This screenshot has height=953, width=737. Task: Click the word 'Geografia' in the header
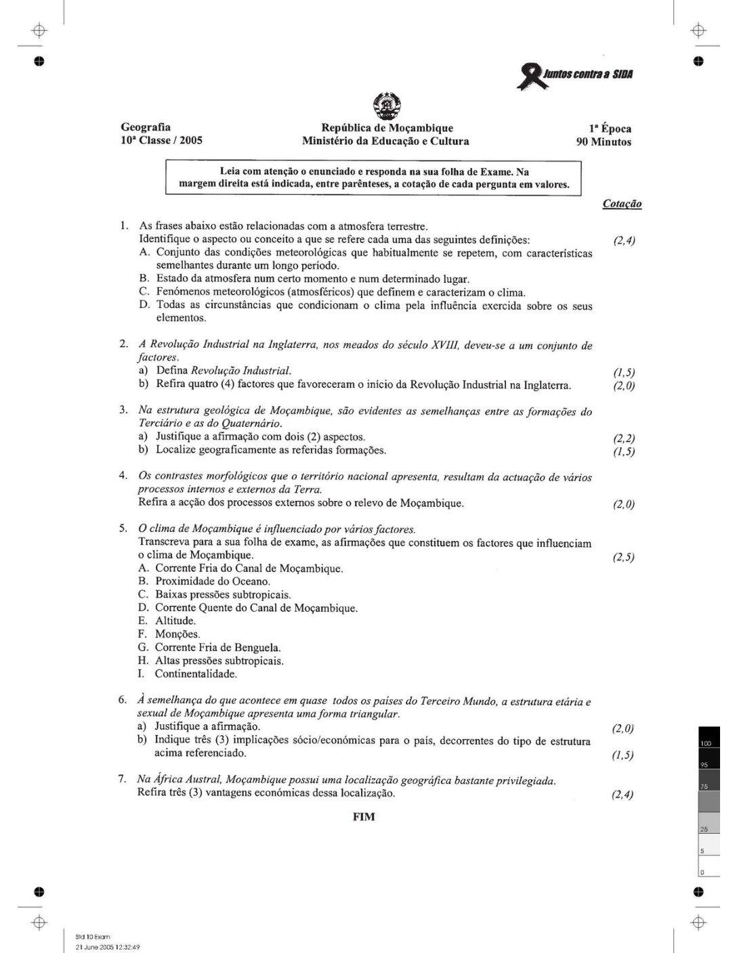146,127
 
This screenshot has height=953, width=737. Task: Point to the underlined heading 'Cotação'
622,204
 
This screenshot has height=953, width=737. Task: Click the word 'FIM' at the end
364,816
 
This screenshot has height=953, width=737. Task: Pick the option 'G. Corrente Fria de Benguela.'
209,647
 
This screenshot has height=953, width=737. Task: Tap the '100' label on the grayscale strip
706,744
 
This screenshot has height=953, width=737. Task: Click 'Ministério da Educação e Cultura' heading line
385,141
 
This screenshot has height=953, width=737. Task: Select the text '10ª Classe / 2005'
161,141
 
